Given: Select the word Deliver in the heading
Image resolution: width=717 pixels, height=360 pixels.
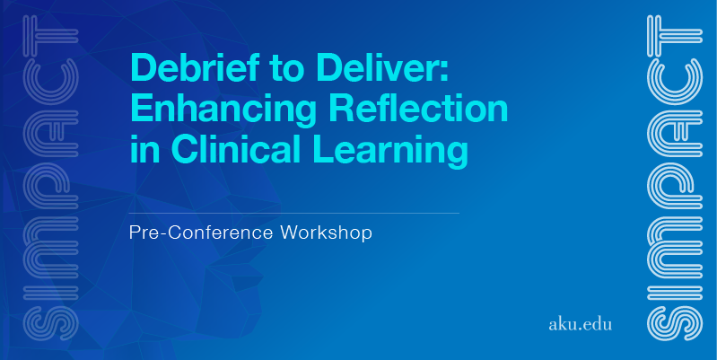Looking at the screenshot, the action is (372, 66).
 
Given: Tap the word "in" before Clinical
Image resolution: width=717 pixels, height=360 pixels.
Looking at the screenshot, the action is (144, 149).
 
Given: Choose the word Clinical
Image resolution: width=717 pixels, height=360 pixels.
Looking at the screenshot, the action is (236, 149).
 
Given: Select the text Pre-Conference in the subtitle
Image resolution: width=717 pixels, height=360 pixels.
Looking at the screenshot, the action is (201, 233).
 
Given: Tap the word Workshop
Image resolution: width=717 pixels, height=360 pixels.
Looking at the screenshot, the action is (326, 233).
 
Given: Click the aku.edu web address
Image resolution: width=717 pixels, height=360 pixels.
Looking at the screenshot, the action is (580, 324).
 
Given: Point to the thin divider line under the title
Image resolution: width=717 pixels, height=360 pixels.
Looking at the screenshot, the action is (294, 213).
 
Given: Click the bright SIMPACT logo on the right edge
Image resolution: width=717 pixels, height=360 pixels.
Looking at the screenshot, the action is (675, 178).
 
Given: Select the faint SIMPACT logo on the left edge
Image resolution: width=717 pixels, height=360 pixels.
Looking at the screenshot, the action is (51, 178).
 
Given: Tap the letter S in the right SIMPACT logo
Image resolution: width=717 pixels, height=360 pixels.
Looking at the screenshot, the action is (675, 323).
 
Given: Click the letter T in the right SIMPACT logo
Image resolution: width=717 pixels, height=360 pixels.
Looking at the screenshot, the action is (675, 37).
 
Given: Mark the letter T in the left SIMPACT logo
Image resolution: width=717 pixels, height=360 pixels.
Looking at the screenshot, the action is (51, 37).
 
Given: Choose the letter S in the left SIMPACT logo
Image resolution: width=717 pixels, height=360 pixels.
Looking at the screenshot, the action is (51, 323).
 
